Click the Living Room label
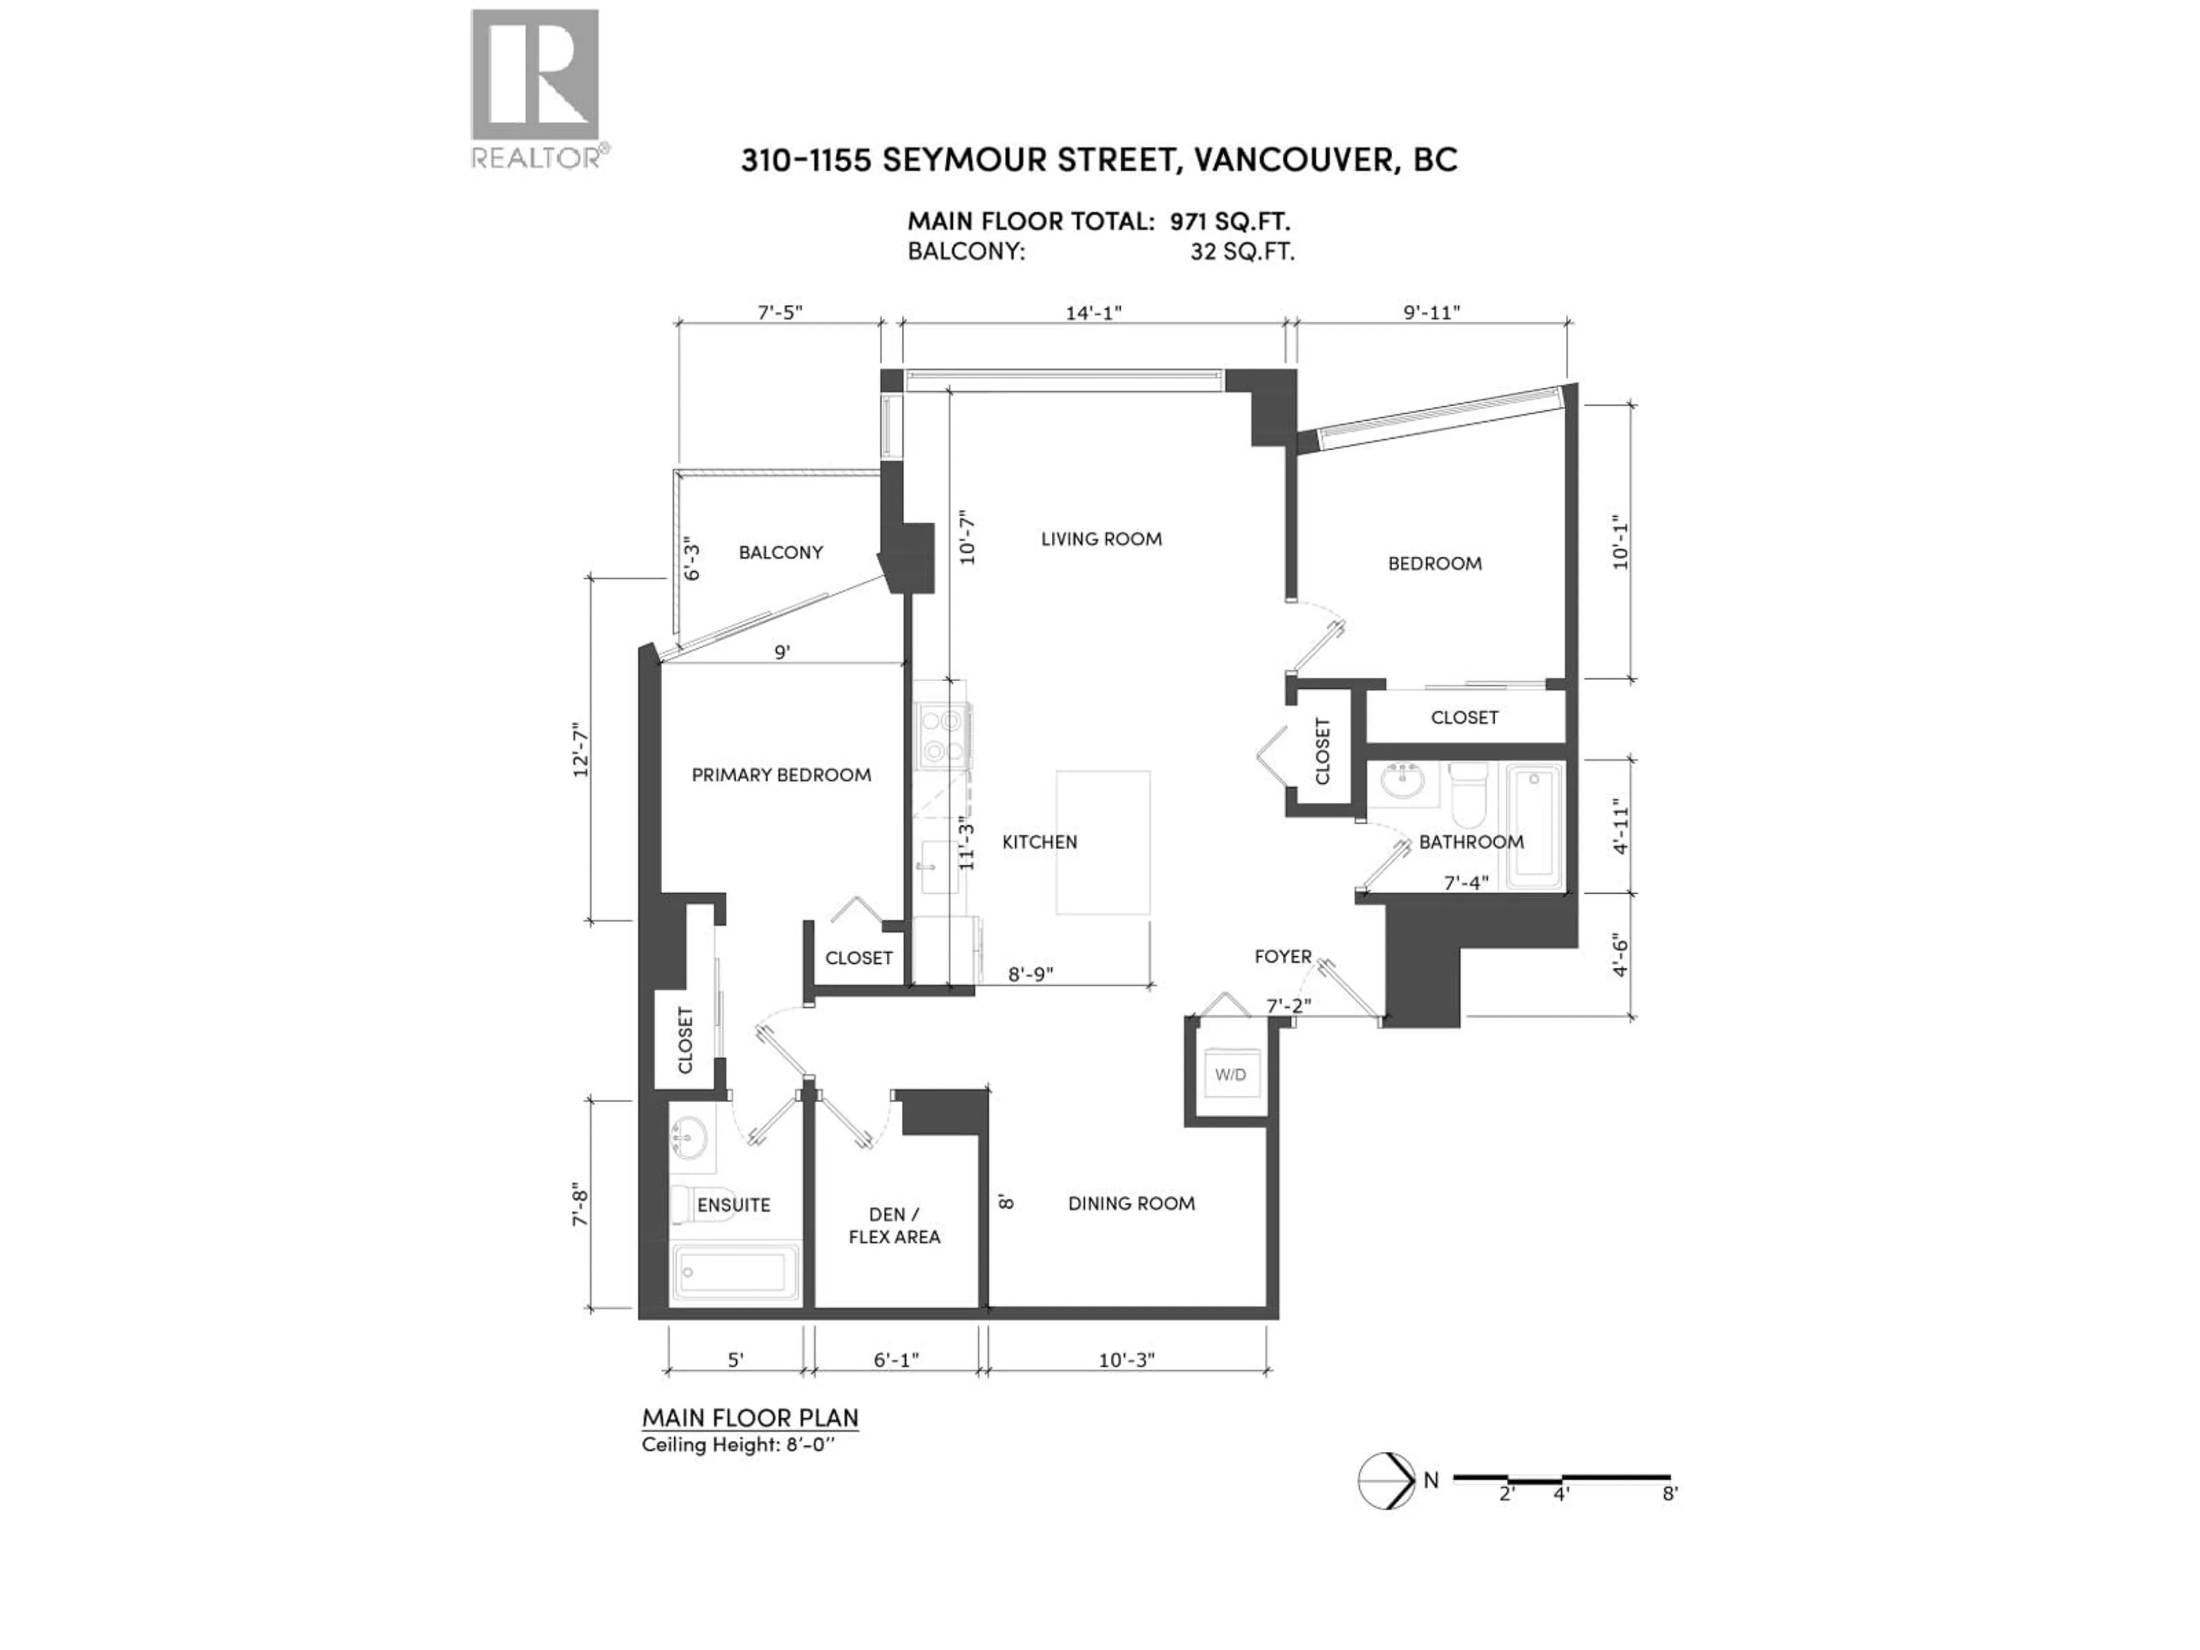tap(1101, 539)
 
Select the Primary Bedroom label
tap(781, 775)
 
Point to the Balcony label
tap(781, 552)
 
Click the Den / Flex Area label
tap(894, 1225)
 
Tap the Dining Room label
tap(1131, 1204)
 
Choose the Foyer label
tap(1282, 957)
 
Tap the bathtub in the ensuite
tap(736, 1271)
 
